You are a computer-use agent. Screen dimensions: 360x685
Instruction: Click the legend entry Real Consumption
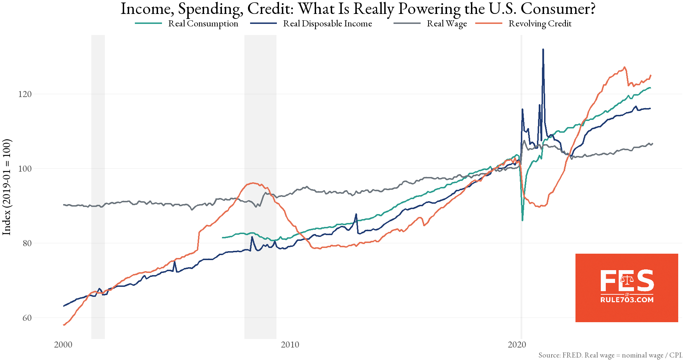pos(203,24)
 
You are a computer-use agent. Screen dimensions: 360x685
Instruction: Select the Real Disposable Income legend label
pos(327,24)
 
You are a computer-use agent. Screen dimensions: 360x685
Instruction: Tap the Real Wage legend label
pos(447,24)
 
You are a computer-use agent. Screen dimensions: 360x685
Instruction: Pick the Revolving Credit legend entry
pos(540,24)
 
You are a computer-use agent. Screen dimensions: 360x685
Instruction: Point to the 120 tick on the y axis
pos(25,94)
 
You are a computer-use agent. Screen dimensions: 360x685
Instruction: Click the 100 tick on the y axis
pos(25,169)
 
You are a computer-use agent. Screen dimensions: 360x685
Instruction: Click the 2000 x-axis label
pos(63,345)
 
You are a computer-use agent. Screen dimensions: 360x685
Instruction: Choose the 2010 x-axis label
pos(290,345)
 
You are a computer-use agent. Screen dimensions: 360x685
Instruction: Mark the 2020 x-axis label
pos(517,345)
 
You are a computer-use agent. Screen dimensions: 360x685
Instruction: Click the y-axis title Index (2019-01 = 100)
pos(7,187)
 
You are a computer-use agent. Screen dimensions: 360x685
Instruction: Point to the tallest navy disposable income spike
pos(543,50)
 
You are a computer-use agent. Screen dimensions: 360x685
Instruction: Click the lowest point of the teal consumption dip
pos(522,220)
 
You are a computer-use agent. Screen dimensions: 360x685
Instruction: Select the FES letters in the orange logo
pos(627,281)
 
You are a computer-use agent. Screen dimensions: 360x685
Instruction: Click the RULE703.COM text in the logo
pos(627,300)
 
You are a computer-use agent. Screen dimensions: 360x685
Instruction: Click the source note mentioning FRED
pos(610,355)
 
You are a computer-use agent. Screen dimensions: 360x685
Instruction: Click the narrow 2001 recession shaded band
pos(98,186)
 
